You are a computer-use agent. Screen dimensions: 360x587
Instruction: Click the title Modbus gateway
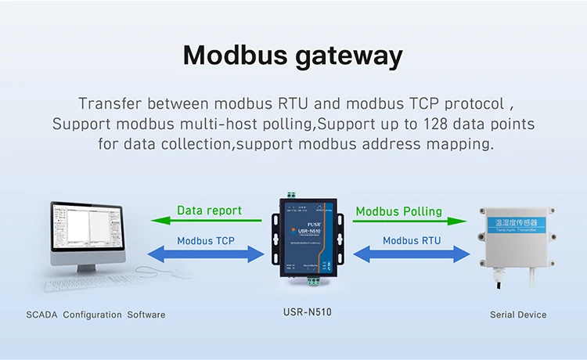[x=293, y=56]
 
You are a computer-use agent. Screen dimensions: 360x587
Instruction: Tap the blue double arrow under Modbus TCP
[x=207, y=254]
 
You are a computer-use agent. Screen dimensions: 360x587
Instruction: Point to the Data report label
[x=209, y=210]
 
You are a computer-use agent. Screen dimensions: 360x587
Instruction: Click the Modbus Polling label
[x=398, y=211]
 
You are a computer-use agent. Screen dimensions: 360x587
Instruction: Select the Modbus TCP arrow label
[x=207, y=240]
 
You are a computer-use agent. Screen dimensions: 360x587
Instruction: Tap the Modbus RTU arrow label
[x=412, y=240]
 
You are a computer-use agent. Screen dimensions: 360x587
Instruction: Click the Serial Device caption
[x=517, y=315]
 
